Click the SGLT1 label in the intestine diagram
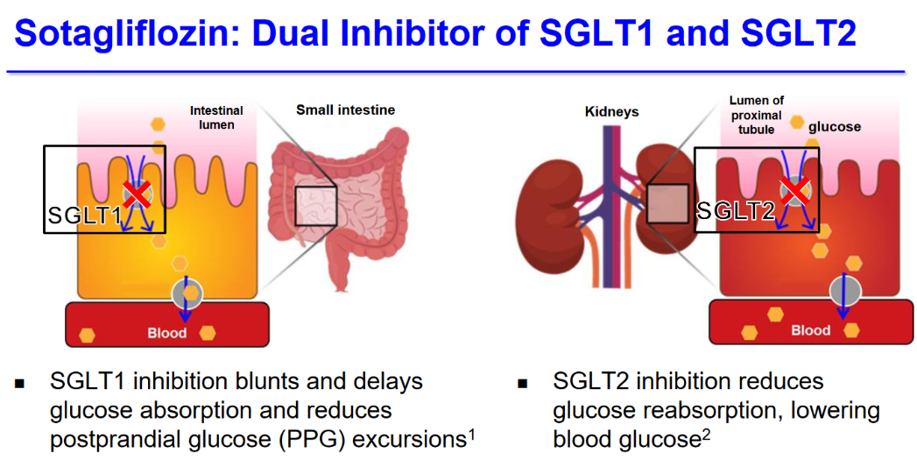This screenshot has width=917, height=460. [84, 216]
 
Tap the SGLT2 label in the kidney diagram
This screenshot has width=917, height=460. [736, 211]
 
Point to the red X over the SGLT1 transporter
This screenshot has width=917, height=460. [138, 194]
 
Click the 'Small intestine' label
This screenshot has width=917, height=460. [346, 110]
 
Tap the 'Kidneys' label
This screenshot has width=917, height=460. [610, 111]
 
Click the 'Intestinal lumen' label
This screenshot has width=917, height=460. [216, 117]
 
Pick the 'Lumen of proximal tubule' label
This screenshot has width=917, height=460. [757, 115]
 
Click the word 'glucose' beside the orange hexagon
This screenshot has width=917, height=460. [835, 126]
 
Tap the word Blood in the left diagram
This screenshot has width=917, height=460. [166, 334]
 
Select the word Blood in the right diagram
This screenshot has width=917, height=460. [810, 330]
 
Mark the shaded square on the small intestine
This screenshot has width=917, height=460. [316, 207]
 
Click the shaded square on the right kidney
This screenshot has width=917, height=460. [667, 203]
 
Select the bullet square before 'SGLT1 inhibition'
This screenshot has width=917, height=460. [20, 384]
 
